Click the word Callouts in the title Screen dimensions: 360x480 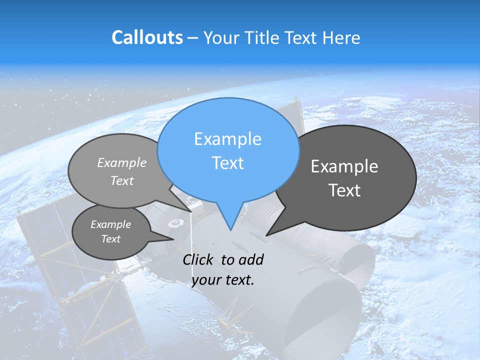147,37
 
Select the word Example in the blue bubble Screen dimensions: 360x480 227,139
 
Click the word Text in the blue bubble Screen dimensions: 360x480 227,163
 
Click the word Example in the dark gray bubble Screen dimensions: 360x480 344,166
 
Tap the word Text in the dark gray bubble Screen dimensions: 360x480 344,190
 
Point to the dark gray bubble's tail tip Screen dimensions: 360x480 266,235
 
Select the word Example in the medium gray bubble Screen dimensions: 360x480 122,162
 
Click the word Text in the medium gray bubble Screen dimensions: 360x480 122,180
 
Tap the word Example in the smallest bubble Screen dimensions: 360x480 110,224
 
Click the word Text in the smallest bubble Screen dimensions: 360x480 110,239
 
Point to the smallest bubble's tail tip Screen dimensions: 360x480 173,239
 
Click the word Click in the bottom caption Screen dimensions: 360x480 199,259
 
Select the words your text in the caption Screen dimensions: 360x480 223,280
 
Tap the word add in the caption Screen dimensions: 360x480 251,259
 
